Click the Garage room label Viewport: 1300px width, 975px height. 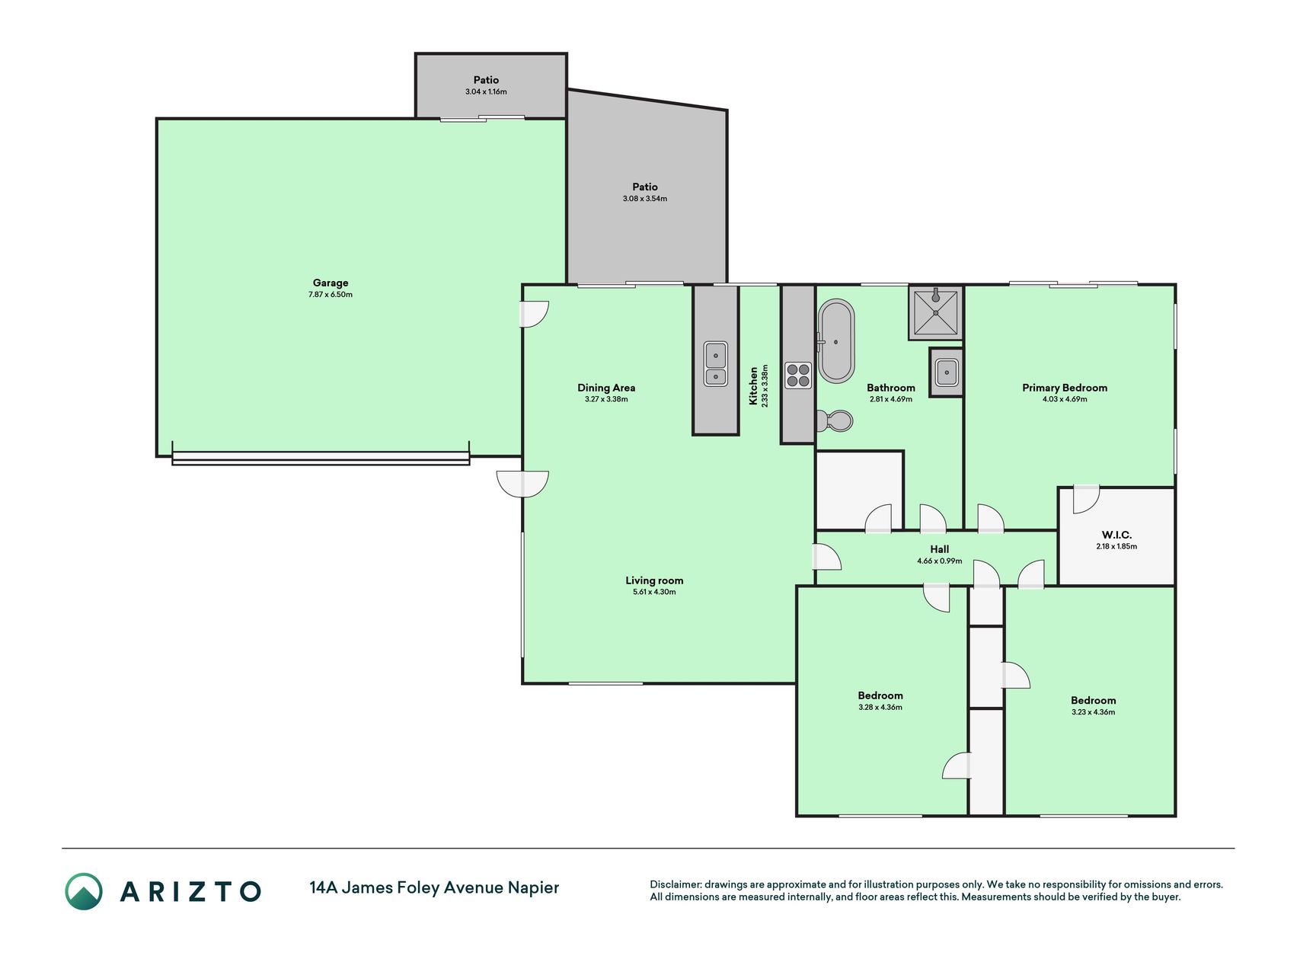(331, 283)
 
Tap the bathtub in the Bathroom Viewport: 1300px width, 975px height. (836, 340)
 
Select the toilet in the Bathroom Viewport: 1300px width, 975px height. (835, 420)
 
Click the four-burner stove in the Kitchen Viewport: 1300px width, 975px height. (798, 375)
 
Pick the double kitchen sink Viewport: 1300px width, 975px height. (715, 364)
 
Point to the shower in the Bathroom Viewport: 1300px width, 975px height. (936, 312)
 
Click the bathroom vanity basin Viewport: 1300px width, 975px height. (947, 372)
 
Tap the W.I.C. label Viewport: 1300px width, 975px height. (1116, 535)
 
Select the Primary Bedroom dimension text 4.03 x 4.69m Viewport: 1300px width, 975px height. (1065, 399)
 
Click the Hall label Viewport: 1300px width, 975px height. (940, 549)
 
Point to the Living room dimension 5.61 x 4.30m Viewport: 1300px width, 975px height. (654, 592)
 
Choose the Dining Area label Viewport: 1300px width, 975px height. (606, 388)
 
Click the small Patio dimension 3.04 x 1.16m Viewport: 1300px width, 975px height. (486, 92)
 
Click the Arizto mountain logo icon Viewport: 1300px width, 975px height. (84, 891)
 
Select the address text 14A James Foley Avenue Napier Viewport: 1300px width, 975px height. (434, 887)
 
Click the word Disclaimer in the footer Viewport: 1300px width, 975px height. (675, 885)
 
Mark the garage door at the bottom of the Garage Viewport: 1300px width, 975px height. (321, 458)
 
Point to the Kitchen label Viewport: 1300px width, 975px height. (754, 386)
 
